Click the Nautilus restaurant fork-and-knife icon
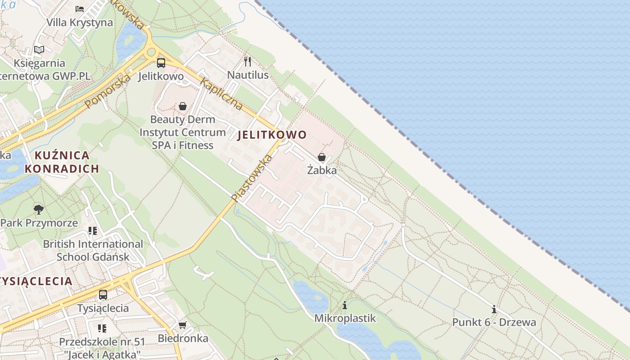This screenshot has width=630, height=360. click(x=247, y=61)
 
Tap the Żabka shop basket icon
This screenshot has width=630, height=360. click(x=322, y=157)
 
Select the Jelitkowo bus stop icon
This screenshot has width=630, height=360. click(x=161, y=63)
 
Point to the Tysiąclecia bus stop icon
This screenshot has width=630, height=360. click(x=103, y=295)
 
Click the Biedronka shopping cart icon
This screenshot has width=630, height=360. click(x=182, y=325)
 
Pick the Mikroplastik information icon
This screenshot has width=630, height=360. click(x=345, y=305)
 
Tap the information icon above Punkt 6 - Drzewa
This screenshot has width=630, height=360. click(x=494, y=309)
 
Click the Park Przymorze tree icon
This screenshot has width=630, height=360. click(x=39, y=209)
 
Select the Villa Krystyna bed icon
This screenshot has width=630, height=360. click(x=80, y=9)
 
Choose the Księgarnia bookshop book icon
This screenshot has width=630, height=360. click(x=39, y=49)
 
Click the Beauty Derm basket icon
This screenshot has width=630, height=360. click(x=183, y=106)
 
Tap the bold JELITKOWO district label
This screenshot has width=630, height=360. click(x=271, y=135)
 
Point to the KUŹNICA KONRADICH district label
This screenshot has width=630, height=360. click(x=62, y=162)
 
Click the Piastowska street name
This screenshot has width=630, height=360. click(x=252, y=177)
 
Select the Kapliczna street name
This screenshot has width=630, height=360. click(x=221, y=94)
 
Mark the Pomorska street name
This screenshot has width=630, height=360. click(x=108, y=90)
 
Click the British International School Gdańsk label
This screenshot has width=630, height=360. click(x=93, y=250)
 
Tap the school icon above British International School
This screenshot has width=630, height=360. click(x=93, y=231)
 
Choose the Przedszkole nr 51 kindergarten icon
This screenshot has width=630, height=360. click(x=102, y=328)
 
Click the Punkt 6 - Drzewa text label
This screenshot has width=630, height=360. click(x=494, y=322)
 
